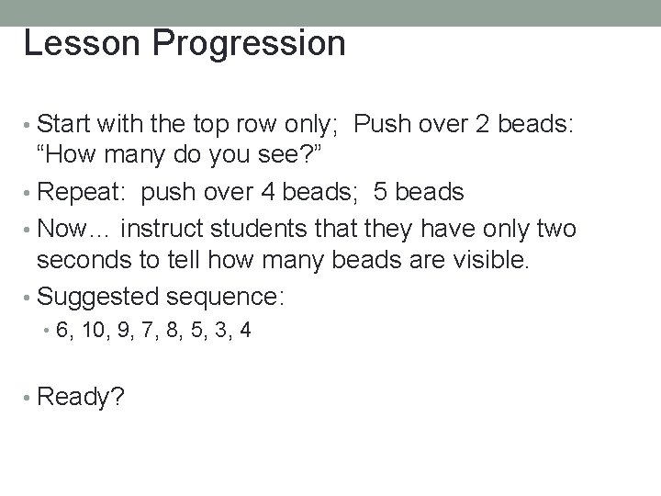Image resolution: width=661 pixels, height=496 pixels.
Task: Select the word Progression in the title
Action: click(242, 44)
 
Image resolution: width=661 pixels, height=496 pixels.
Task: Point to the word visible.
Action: click(489, 261)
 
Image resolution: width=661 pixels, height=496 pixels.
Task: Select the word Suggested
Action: click(102, 296)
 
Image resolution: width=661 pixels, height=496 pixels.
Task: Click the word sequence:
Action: click(231, 296)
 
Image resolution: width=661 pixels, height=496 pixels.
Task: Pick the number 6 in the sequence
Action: click(62, 331)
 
